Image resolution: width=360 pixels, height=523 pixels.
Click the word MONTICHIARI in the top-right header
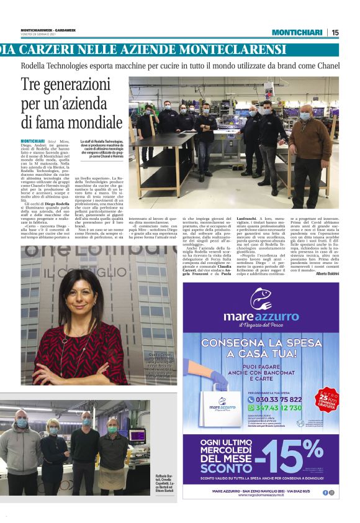click(297, 32)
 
